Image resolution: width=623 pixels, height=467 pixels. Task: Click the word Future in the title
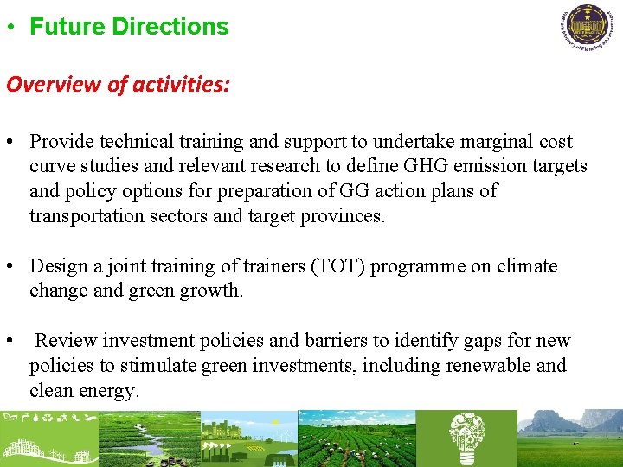pos(67,27)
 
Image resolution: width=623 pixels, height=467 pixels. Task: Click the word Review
pos(64,341)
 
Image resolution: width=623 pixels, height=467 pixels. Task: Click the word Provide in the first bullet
pos(61,142)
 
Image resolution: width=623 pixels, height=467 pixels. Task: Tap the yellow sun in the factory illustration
pos(275,423)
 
